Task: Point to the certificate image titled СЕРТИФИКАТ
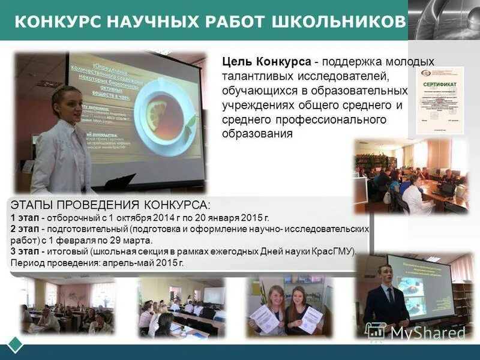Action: pyautogui.click(x=440, y=99)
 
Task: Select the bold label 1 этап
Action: pyautogui.click(x=25, y=217)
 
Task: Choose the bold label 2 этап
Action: pyautogui.click(x=25, y=229)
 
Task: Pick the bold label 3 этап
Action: pyautogui.click(x=25, y=251)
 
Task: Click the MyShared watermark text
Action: pyautogui.click(x=427, y=332)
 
